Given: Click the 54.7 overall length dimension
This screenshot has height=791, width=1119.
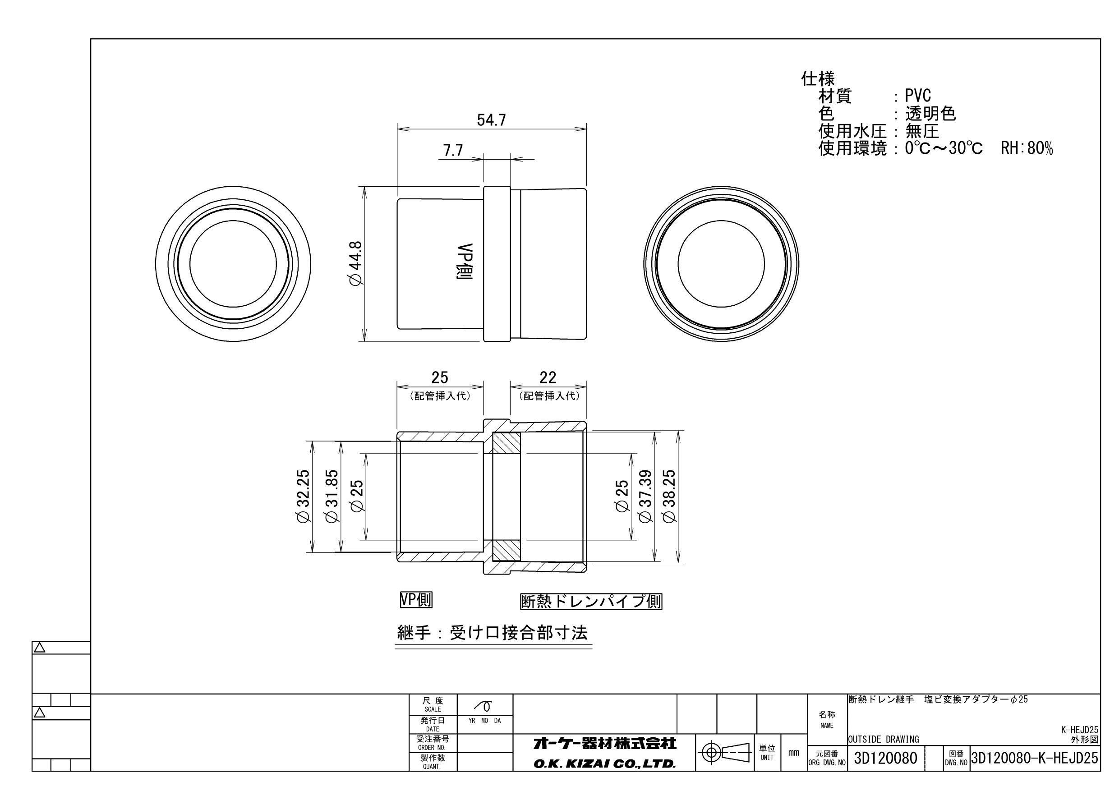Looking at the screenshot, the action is (491, 120).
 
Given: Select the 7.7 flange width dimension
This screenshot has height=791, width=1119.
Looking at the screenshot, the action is (453, 150).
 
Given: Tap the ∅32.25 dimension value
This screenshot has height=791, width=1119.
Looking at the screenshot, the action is (303, 496).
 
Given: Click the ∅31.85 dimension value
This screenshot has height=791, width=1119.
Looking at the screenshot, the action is (332, 496).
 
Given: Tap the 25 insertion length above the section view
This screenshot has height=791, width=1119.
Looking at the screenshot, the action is (440, 377).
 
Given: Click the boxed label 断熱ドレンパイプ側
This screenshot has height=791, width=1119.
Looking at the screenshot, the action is (591, 602).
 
